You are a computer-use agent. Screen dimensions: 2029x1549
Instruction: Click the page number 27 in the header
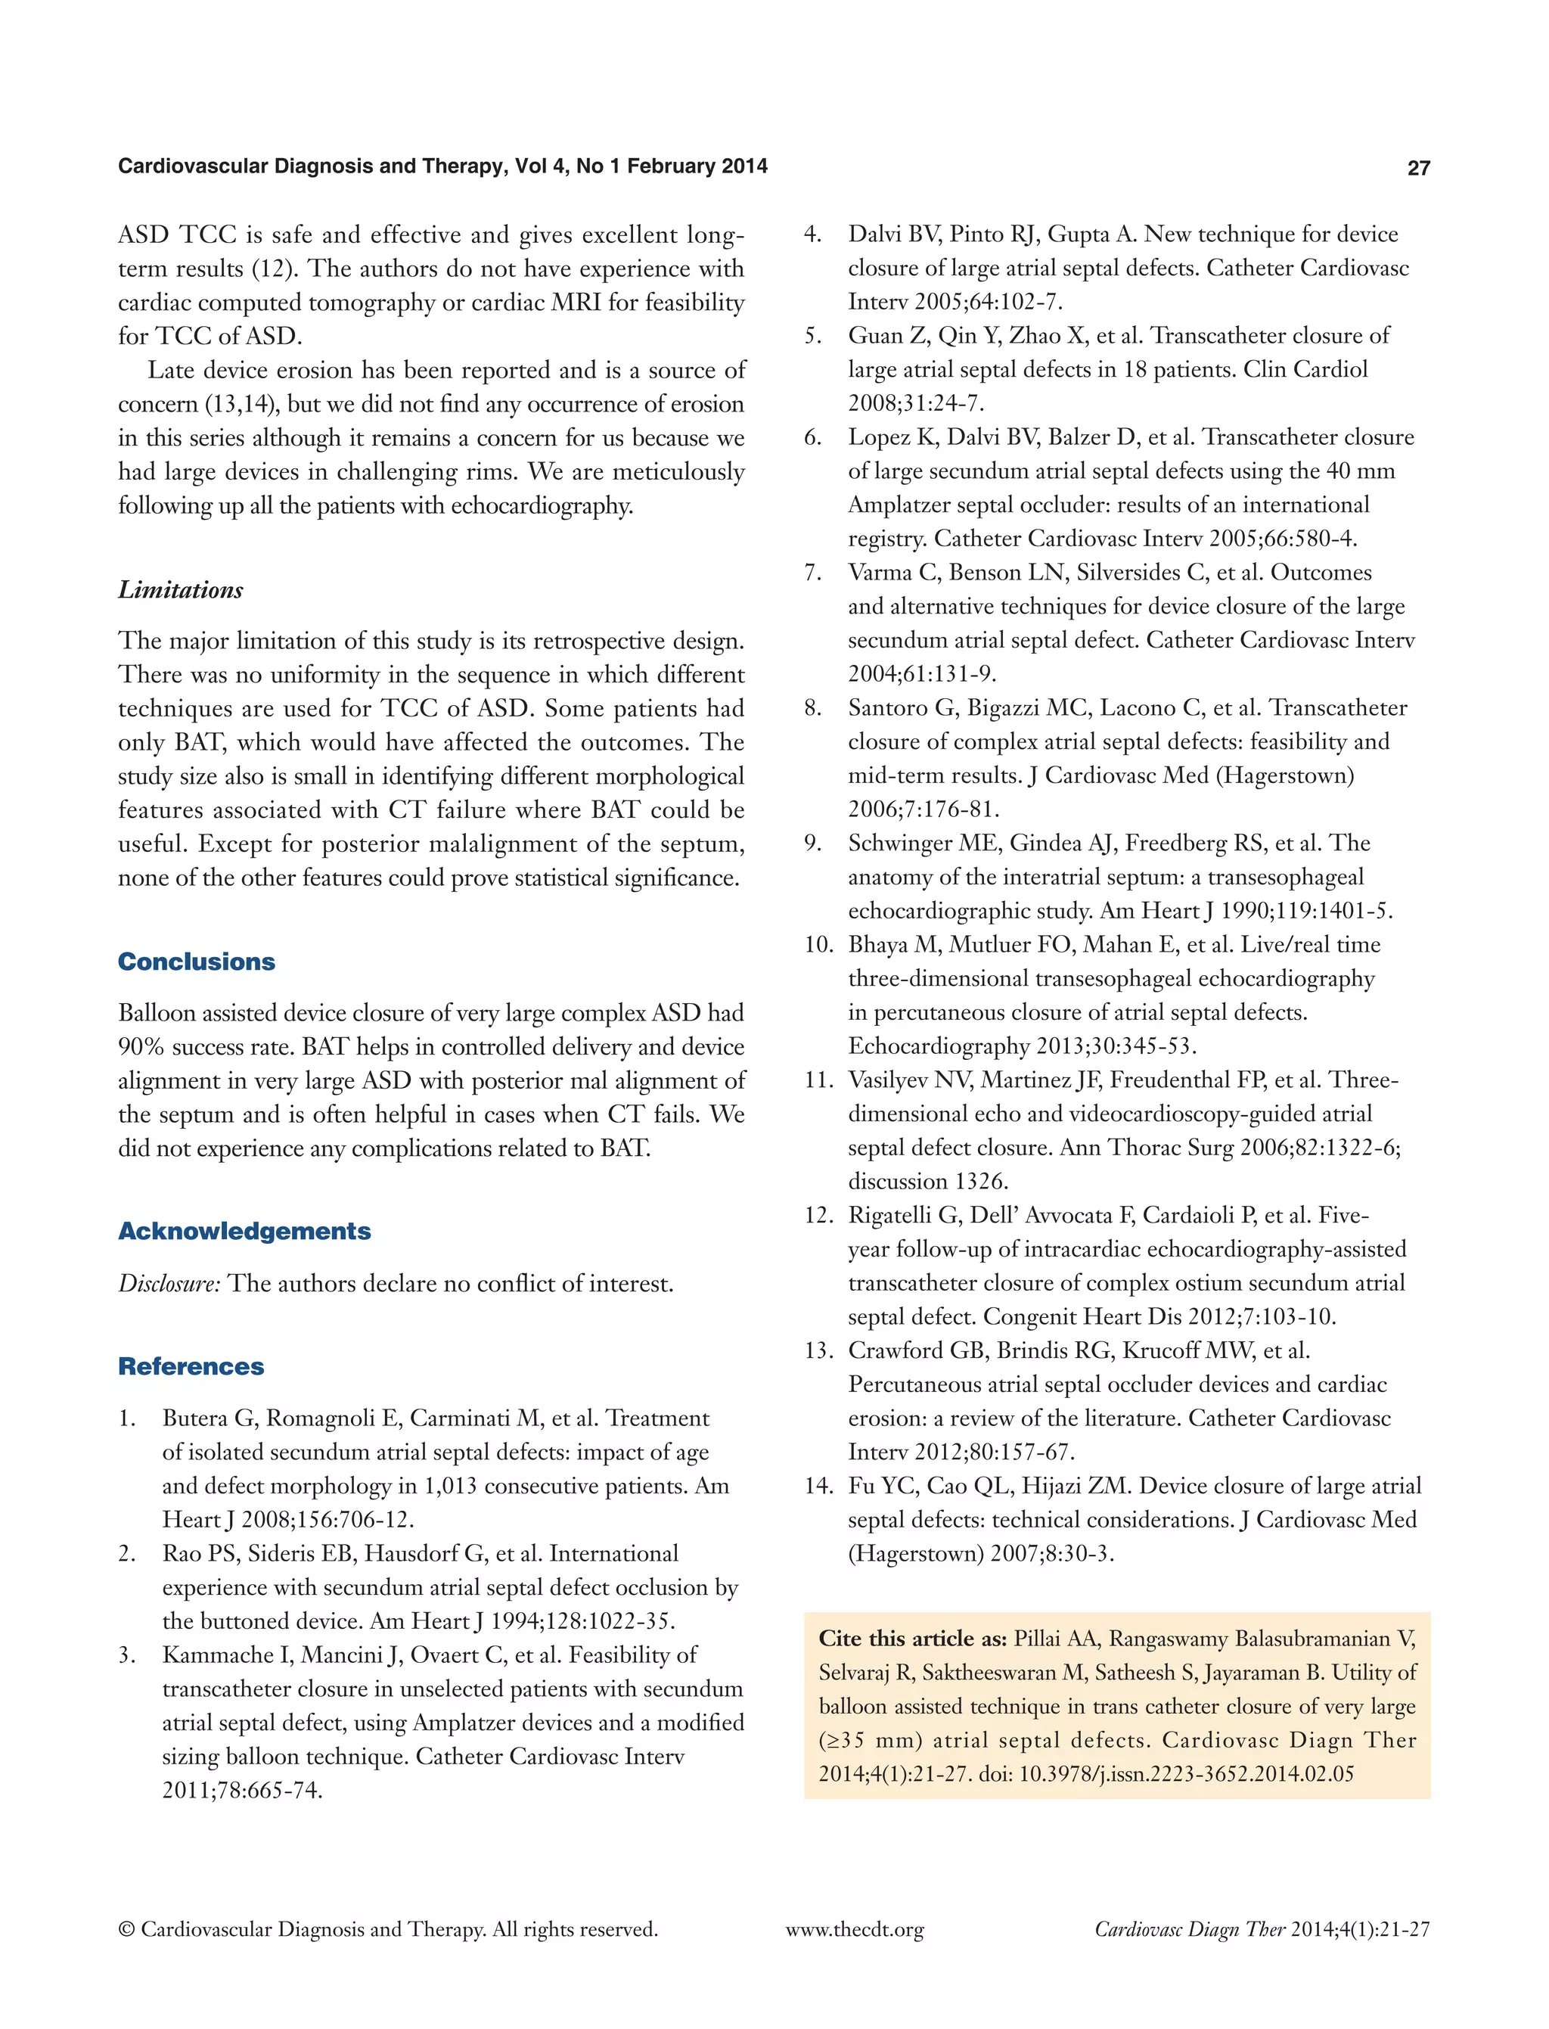pos(1418,168)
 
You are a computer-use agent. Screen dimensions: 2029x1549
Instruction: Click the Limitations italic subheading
pos(181,590)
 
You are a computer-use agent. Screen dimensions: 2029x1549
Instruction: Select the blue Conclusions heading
pos(197,962)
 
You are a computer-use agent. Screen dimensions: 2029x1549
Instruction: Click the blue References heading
pos(191,1367)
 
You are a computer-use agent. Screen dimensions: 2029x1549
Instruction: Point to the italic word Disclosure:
pos(169,1284)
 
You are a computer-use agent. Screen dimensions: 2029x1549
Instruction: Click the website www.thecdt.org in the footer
pos(855,1929)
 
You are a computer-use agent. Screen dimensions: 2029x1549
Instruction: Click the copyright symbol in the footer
pos(126,1929)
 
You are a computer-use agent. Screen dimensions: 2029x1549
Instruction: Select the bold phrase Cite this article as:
pos(912,1639)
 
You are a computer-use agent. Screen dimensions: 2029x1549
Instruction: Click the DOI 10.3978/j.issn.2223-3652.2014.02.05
pos(1186,1775)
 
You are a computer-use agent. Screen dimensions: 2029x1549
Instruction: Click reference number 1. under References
pos(127,1418)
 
